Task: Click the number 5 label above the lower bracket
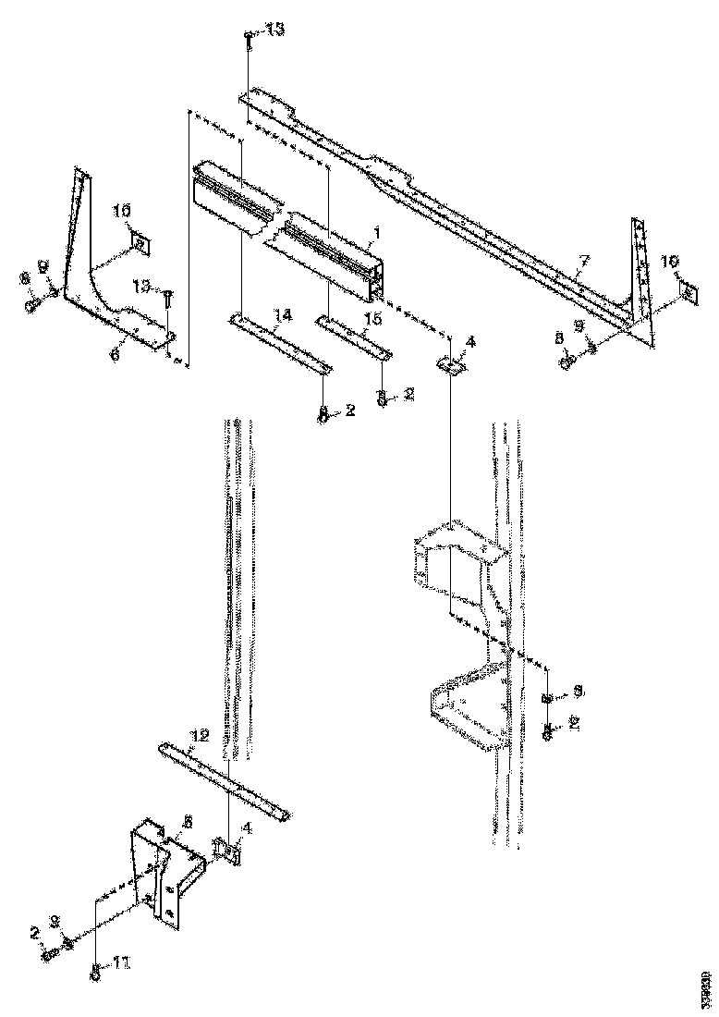point(188,820)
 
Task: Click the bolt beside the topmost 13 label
point(250,39)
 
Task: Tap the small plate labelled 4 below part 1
point(450,365)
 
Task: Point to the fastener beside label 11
point(94,970)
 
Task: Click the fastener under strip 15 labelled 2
point(381,397)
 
